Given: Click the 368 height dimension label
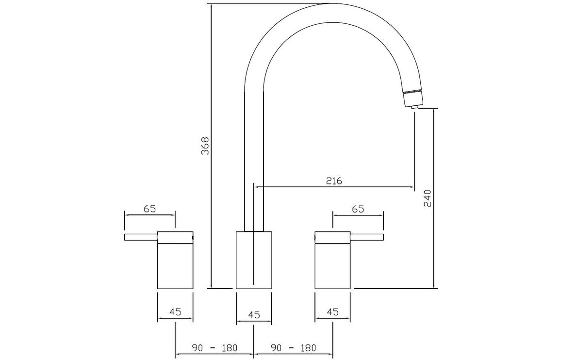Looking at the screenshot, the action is (x=205, y=145).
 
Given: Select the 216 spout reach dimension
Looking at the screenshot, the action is (x=334, y=180).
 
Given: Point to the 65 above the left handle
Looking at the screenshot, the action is (x=150, y=209).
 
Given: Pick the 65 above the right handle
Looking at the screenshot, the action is (x=358, y=209).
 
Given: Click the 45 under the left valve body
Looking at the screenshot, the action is (x=175, y=311).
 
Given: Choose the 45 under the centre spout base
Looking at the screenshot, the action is (x=254, y=315).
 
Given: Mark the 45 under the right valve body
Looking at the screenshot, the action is (x=332, y=311).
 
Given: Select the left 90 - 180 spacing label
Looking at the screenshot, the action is (x=214, y=347).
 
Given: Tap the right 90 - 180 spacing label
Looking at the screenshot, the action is (x=294, y=347).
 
